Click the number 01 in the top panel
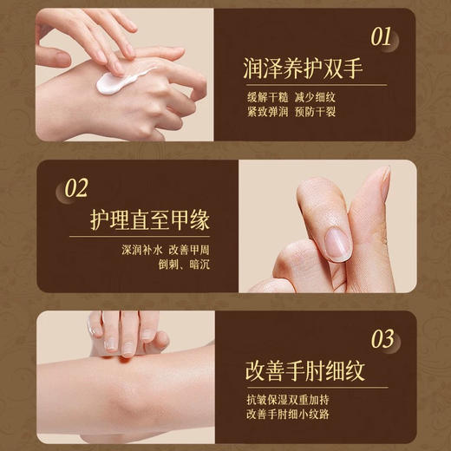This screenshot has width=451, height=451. pos(382,36)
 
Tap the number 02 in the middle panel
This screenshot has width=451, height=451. pos(77,188)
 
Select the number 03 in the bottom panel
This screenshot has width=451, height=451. pos(382,338)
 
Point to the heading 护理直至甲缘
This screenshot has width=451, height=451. pos(150,220)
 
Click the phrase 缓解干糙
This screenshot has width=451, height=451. pos(270,96)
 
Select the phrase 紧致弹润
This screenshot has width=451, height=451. pos(270,113)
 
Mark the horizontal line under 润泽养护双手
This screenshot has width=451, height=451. pos(312,85)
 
